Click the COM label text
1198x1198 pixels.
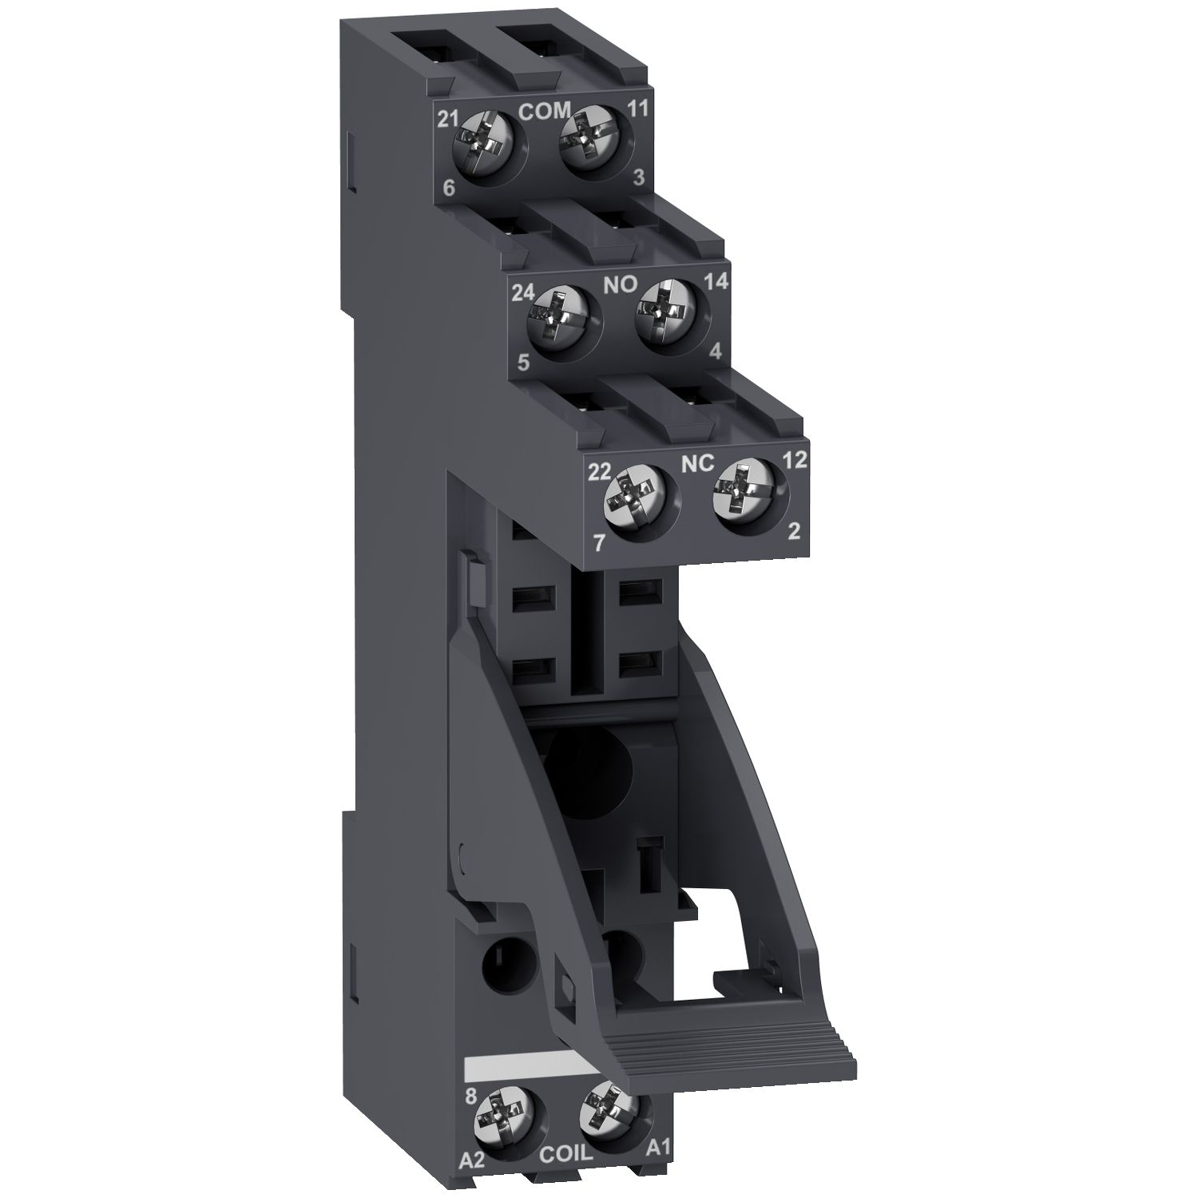545,111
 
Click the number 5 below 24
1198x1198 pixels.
523,363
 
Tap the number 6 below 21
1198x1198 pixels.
448,188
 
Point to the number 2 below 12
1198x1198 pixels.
793,533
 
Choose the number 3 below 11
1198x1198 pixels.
638,178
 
